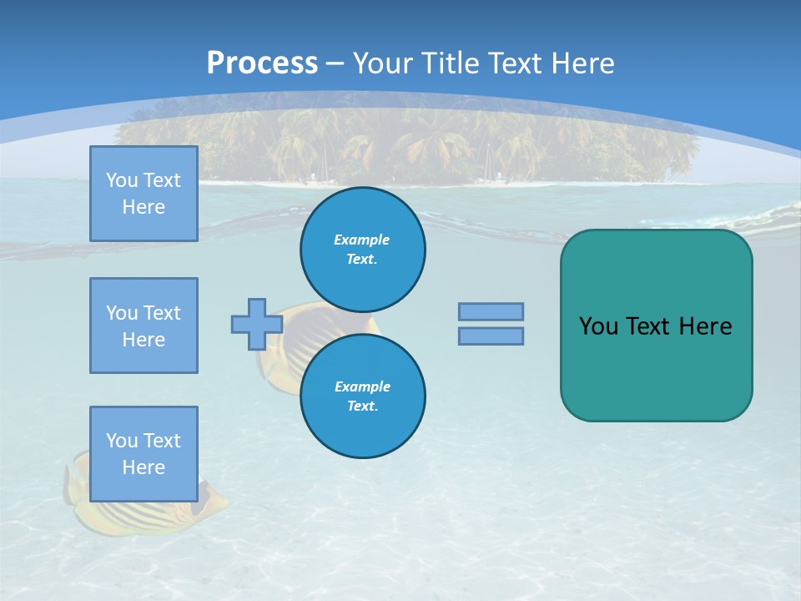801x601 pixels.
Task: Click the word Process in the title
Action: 262,63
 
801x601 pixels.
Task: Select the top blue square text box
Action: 144,194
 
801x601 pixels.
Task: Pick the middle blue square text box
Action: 144,326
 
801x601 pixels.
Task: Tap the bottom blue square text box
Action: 144,454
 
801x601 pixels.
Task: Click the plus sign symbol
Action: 256,324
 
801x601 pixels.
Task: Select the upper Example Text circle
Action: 362,249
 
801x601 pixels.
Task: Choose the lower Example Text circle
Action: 362,396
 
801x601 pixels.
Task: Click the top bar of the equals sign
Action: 491,311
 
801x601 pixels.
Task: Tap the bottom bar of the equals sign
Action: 491,336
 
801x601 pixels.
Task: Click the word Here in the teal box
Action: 705,326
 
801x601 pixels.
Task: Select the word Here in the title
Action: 579,63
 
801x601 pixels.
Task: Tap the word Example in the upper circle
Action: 362,240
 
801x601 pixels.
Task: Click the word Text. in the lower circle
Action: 362,407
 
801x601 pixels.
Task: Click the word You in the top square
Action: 121,180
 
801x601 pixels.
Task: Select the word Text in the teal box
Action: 647,326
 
